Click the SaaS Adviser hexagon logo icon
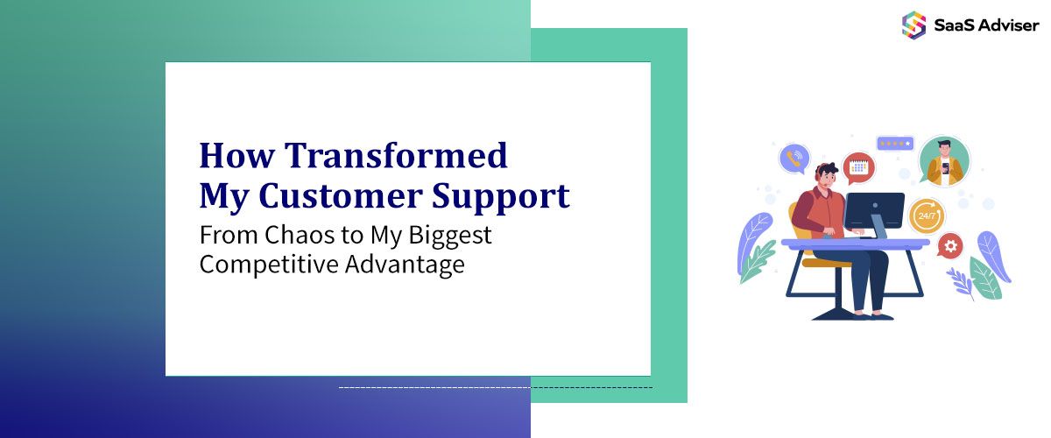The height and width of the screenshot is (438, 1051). click(913, 24)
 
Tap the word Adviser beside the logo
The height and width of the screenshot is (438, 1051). click(1007, 25)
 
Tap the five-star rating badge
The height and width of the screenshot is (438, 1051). click(894, 144)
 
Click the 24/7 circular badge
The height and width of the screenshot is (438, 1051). click(925, 215)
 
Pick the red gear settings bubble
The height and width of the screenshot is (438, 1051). click(949, 245)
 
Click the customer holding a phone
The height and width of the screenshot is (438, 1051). click(943, 161)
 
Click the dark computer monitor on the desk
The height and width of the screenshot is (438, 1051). click(874, 211)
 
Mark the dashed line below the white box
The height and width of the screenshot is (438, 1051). click(495, 386)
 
